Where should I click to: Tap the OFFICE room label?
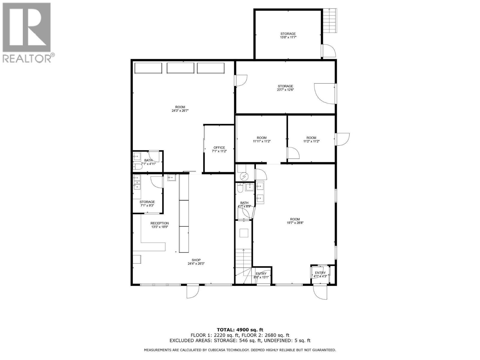219,148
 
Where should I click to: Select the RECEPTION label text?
160,223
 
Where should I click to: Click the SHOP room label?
196,260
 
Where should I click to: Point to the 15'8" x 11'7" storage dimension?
288,37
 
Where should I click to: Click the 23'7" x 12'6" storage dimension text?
285,90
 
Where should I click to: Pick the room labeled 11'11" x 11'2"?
262,139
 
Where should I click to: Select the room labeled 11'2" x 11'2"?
311,139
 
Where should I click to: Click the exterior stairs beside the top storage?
330,21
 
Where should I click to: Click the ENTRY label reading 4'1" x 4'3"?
320,274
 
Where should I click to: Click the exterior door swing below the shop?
193,291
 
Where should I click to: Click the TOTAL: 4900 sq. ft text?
240,330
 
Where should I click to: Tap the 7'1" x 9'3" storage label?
147,204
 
